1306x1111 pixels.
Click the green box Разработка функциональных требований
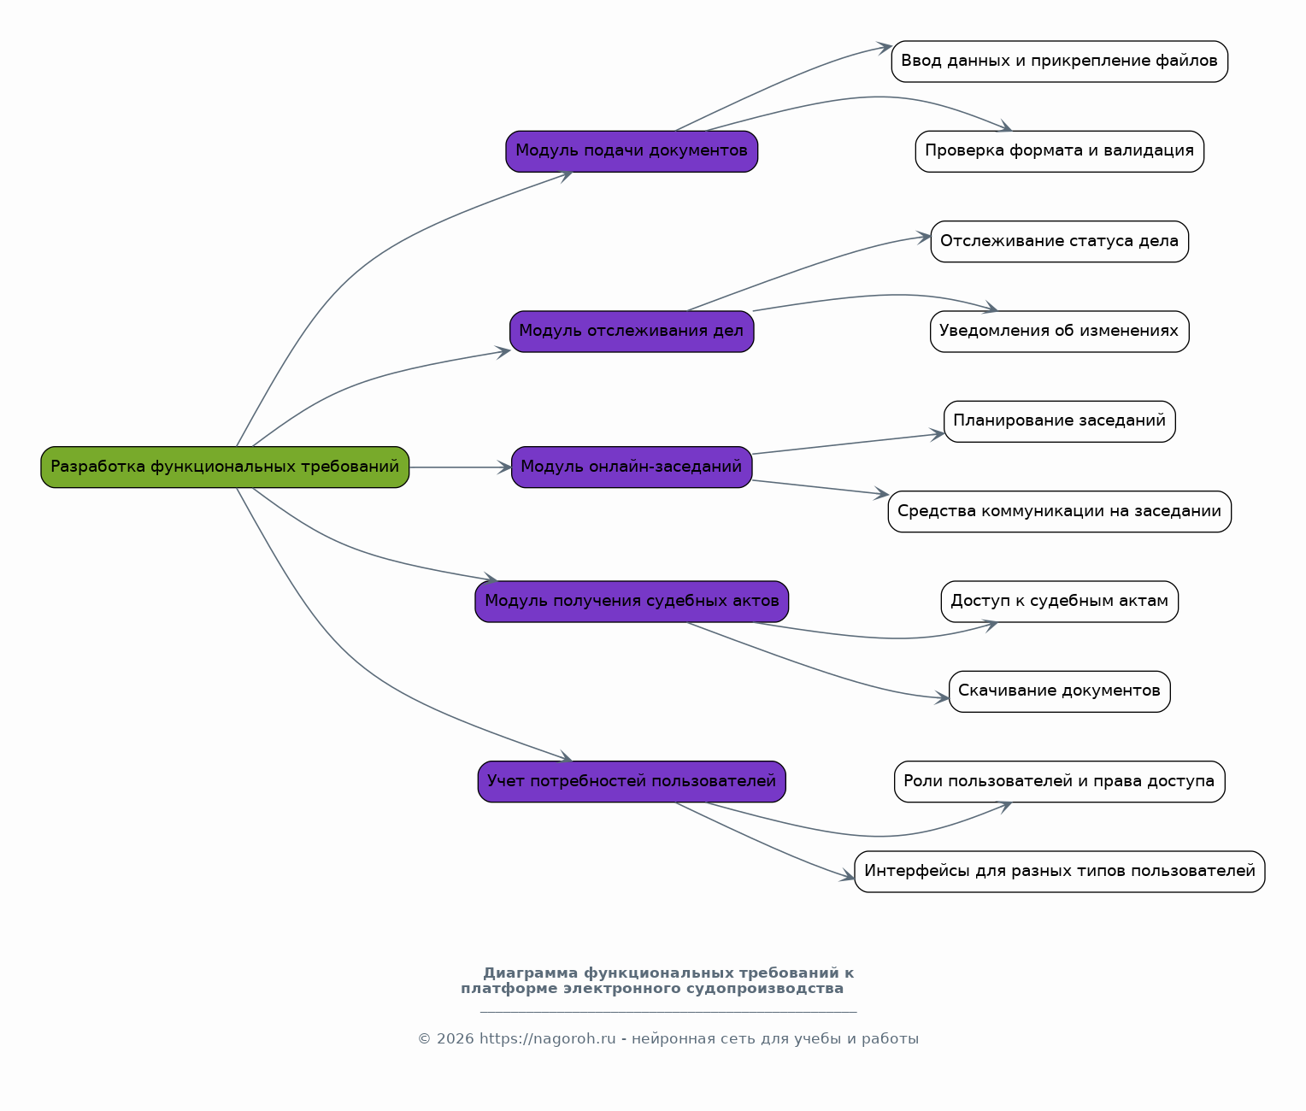click(225, 467)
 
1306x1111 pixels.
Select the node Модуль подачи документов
click(631, 151)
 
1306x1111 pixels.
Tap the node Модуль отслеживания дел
click(631, 331)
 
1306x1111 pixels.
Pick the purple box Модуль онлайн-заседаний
click(631, 467)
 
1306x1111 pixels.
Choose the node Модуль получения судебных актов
click(631, 602)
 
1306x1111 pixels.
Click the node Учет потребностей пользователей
click(631, 781)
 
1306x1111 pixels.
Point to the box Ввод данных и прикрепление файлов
click(1059, 62)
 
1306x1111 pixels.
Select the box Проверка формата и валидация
click(1059, 151)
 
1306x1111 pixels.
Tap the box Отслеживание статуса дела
click(1059, 241)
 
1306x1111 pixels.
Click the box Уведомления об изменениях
click(1059, 331)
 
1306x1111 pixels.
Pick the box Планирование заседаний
click(1059, 421)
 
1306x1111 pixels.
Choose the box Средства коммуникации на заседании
click(1059, 512)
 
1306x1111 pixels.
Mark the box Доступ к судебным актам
click(1059, 602)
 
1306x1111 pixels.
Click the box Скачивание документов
click(1059, 691)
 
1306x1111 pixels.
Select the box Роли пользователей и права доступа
click(1059, 781)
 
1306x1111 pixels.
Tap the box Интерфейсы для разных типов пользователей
click(1059, 872)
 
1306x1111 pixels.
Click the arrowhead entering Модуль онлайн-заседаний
click(505, 467)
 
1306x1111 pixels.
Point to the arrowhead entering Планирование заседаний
click(938, 434)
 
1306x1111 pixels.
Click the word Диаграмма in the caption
click(530, 973)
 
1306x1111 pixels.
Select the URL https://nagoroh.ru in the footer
click(547, 1039)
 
